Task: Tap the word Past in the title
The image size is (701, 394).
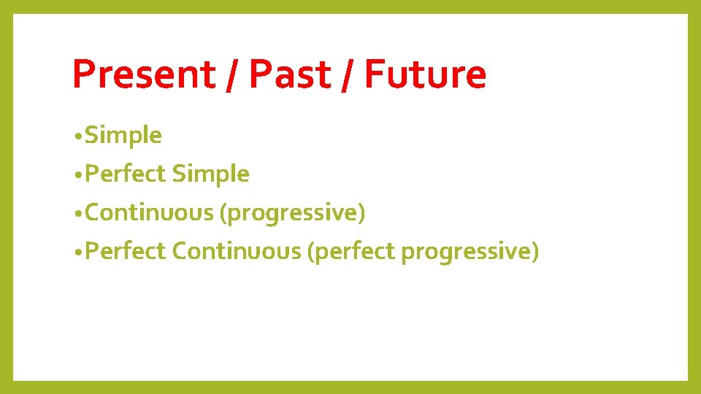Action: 289,74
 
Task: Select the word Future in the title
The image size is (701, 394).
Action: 425,74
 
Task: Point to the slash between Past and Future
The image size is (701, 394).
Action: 346,76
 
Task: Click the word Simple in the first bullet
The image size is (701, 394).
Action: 123,136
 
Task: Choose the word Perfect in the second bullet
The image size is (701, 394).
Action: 126,174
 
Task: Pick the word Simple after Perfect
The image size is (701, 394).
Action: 210,174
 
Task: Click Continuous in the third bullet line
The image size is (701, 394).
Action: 150,213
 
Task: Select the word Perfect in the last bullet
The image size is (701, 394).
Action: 126,252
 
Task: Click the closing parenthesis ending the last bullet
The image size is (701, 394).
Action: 535,252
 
